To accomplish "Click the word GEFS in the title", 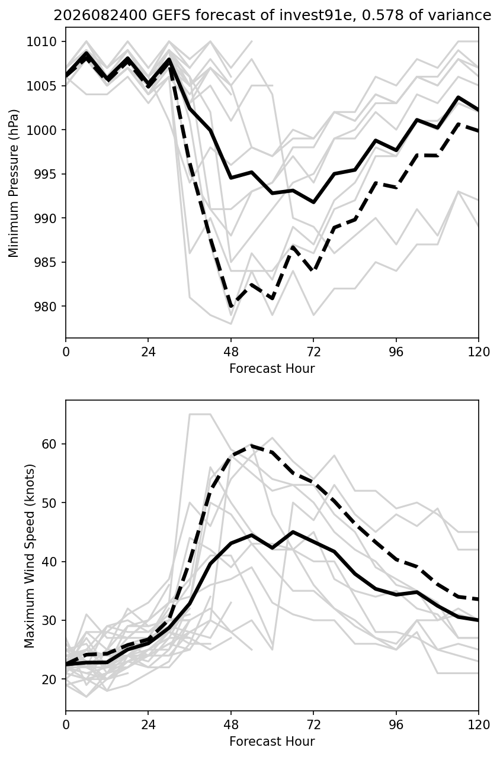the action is coord(171,15).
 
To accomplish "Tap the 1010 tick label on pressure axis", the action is coord(41,42).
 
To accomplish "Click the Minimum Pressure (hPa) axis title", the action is coord(14,183).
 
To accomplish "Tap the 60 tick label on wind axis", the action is coord(49,444).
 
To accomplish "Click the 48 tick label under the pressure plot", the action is coord(231,353).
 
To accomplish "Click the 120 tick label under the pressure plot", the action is coord(479,353).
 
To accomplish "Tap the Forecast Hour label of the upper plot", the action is coord(272,369).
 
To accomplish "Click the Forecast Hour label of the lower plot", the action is coord(272,742).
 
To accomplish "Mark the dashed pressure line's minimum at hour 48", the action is coord(231,306).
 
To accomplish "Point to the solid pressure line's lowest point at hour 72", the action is coord(313,202).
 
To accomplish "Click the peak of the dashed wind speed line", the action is coord(252,446).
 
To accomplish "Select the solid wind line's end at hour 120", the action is coord(478,620).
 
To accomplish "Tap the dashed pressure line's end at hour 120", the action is coord(478,131).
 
